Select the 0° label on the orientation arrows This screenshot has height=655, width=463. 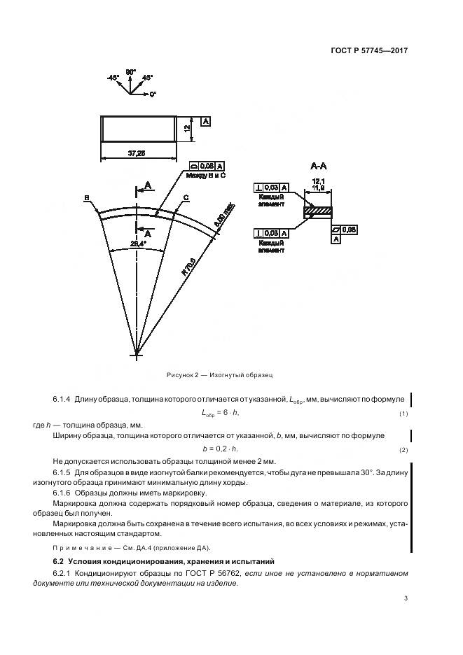[152, 93]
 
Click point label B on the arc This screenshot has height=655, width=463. [86, 198]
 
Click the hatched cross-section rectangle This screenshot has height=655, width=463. [319, 210]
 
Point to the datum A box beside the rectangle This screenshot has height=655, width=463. [205, 121]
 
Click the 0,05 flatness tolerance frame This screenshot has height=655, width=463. [345, 228]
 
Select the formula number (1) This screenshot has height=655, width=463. [403, 414]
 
